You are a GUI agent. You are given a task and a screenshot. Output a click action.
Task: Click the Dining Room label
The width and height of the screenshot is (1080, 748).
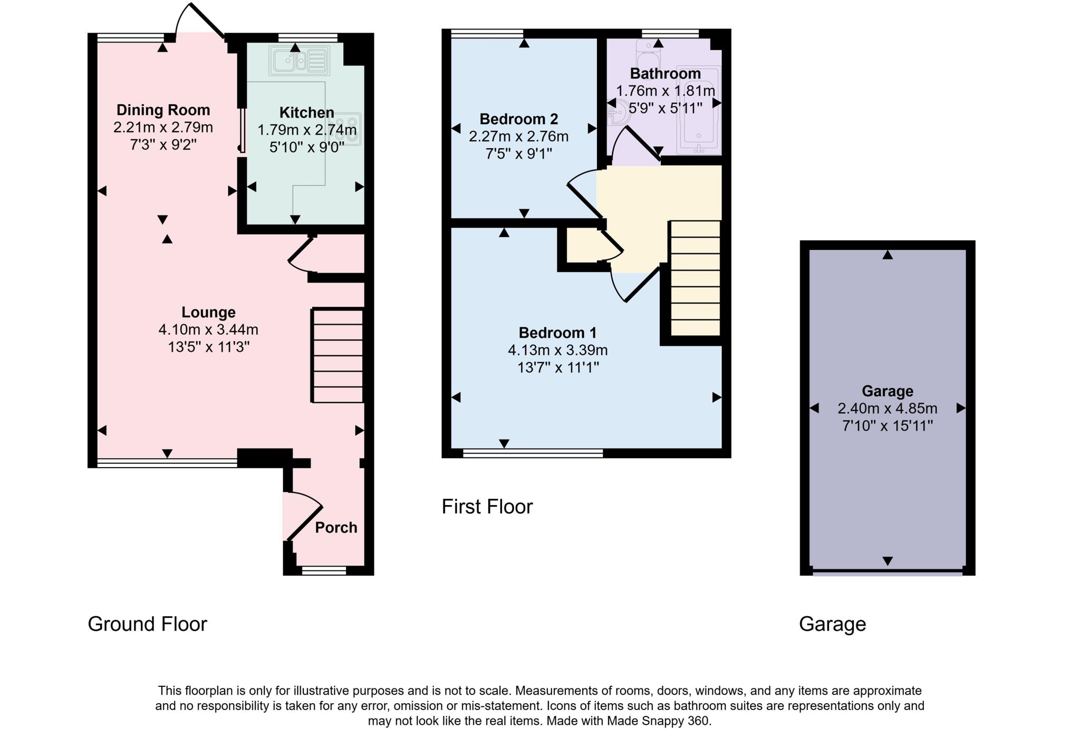163,110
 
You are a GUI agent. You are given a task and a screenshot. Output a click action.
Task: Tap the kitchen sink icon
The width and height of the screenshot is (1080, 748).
298,60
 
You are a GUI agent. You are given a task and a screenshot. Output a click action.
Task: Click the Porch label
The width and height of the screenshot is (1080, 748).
336,527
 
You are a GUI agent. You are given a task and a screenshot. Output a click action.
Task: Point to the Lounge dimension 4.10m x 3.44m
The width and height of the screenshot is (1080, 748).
208,329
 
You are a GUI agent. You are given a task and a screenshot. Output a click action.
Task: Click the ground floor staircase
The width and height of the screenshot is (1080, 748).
337,356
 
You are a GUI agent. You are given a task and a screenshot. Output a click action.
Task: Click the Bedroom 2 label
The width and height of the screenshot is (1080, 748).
518,119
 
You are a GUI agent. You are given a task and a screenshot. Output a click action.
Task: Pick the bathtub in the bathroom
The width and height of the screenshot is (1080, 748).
699,111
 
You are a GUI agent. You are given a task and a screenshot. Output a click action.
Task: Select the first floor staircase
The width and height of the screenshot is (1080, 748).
695,278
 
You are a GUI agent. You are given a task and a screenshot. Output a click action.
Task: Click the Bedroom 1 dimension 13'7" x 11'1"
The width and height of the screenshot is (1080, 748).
558,367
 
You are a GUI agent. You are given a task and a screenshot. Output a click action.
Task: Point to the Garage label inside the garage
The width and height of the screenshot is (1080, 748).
887,391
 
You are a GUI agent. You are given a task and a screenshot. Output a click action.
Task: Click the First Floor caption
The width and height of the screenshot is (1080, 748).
487,507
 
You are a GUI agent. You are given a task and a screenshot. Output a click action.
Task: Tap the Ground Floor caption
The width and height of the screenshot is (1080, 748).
147,624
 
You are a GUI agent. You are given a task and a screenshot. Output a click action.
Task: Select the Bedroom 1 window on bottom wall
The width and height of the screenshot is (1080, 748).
533,453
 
